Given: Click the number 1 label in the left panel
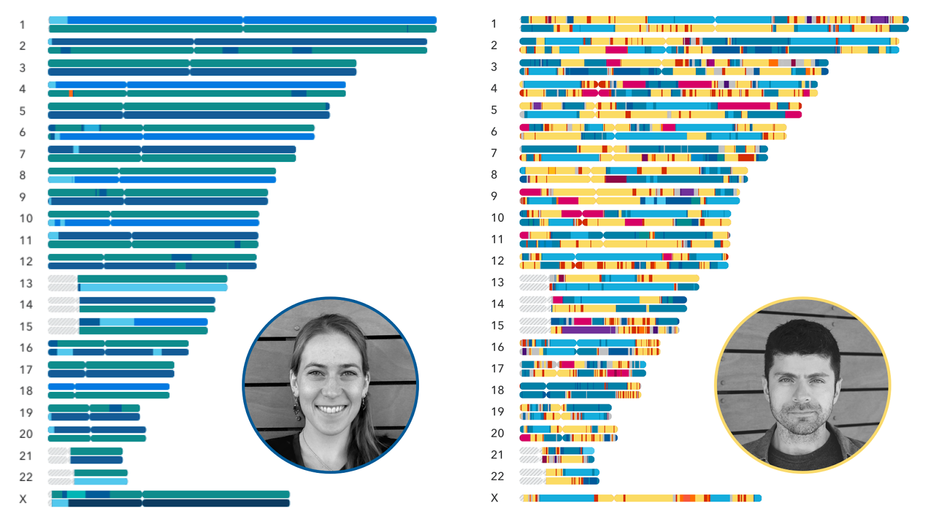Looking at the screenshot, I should click(22, 24).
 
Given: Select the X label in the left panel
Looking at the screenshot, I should click(23, 499).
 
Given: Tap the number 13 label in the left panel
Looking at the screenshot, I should click(26, 284).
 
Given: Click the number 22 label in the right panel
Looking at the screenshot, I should click(497, 476).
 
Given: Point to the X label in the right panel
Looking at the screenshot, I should click(495, 498).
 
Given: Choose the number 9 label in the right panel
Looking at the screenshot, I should click(494, 196).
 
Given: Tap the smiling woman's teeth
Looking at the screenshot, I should click(331, 409).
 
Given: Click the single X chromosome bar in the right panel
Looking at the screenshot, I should click(640, 498).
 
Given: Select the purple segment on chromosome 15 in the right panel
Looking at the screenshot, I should click(588, 330).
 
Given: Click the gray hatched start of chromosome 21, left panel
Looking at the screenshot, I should click(59, 451).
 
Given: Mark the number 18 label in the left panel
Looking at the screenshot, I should click(26, 391).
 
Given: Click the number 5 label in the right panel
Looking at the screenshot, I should click(494, 110).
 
